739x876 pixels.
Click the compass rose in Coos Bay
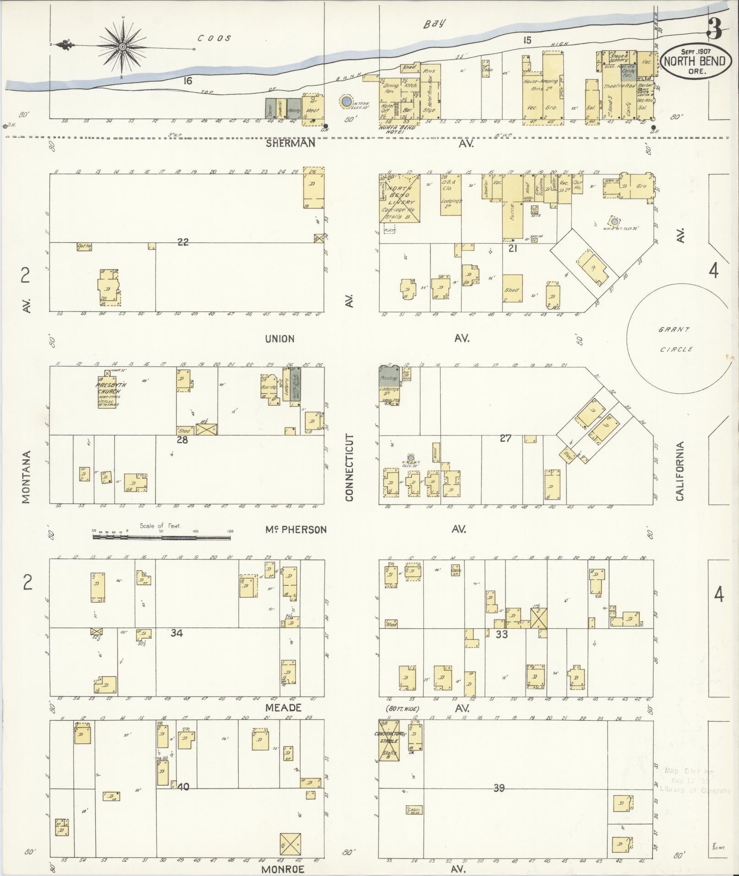(123, 47)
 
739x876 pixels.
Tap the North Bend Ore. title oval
(695, 61)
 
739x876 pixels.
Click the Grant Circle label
(676, 339)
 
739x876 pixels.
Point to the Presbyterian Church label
(108, 388)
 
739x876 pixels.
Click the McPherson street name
(296, 530)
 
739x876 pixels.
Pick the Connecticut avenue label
(350, 468)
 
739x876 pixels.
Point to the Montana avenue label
(26, 477)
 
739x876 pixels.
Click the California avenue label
(679, 471)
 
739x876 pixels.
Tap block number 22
(183, 242)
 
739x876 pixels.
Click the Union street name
(279, 339)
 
